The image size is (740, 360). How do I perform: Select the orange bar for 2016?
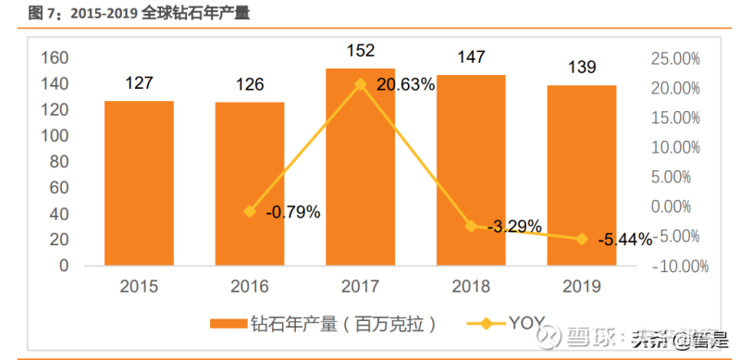coord(250,184)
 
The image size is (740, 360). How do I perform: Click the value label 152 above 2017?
coord(360,49)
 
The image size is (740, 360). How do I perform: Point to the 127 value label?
coord(139,83)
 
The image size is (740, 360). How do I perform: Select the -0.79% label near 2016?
coord(292,212)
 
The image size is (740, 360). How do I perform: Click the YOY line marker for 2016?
coord(249,211)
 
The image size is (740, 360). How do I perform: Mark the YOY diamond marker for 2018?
coord(471,226)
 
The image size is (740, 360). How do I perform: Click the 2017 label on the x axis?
coord(361,287)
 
